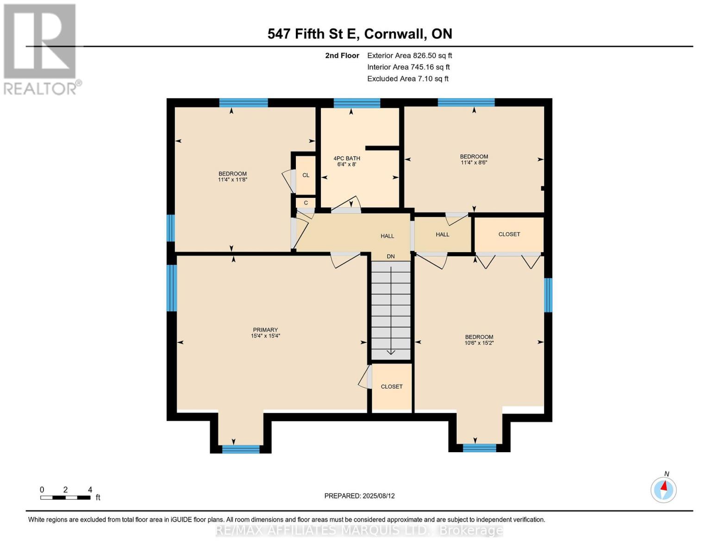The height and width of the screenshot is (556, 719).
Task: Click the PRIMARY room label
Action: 265,330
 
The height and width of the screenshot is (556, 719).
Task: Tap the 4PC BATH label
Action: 347,158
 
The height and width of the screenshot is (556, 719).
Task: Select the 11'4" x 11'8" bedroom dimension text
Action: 232,179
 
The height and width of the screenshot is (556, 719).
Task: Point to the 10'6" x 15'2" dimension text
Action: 479,343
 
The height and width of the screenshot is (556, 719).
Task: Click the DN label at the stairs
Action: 391,256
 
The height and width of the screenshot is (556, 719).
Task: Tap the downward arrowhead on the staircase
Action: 391,352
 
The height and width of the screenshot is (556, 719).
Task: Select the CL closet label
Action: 306,175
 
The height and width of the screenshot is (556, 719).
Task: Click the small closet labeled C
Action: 306,202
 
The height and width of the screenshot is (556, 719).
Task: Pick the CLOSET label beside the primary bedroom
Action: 392,386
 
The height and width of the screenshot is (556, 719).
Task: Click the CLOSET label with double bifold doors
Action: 509,234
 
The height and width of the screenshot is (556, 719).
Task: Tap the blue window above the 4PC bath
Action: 357,103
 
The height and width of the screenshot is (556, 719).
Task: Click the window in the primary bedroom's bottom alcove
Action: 241,449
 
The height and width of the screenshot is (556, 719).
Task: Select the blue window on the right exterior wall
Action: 548,295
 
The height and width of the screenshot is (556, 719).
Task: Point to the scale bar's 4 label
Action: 90,490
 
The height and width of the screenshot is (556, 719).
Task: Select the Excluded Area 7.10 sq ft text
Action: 408,79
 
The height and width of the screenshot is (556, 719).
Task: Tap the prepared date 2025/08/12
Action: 378,496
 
